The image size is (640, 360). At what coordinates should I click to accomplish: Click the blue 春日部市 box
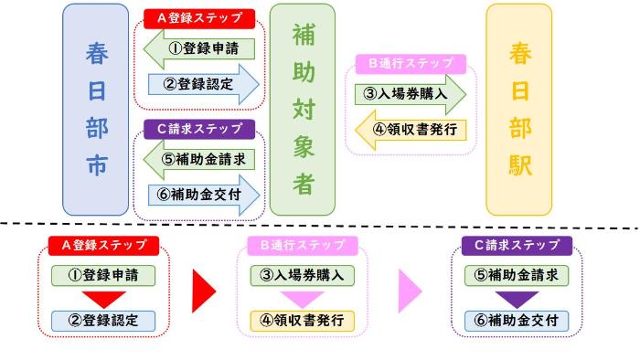pyautogui.click(x=96, y=109)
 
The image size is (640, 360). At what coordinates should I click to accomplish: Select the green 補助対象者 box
pyautogui.click(x=302, y=109)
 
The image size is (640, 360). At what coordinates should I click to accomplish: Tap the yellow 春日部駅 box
pyautogui.click(x=518, y=109)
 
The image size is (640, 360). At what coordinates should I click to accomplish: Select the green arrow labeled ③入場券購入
pyautogui.click(x=410, y=94)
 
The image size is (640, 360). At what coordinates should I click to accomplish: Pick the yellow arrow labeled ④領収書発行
pyautogui.click(x=410, y=128)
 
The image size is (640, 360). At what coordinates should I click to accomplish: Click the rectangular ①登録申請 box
pyautogui.click(x=103, y=274)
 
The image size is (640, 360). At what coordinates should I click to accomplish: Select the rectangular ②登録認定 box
pyautogui.click(x=103, y=321)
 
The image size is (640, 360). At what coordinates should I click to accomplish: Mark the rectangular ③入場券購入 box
pyautogui.click(x=302, y=274)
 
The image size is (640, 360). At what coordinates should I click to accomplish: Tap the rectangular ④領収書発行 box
pyautogui.click(x=302, y=321)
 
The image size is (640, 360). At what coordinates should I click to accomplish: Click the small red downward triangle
pyautogui.click(x=103, y=297)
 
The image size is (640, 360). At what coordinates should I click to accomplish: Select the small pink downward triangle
pyautogui.click(x=302, y=297)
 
